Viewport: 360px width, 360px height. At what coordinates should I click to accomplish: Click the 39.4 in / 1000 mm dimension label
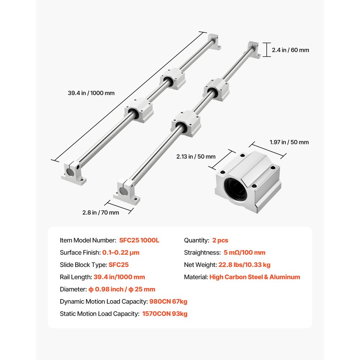(91, 93)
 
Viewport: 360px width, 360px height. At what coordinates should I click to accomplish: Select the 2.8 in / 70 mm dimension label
(100, 212)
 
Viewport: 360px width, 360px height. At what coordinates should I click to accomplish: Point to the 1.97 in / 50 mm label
(289, 142)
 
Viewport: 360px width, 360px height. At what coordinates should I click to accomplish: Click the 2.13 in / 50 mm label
(196, 156)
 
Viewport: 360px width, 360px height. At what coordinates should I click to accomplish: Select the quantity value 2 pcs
(220, 240)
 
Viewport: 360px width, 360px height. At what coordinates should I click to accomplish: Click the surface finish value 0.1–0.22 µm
(121, 252)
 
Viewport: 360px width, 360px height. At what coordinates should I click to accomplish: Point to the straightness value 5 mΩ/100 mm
(244, 252)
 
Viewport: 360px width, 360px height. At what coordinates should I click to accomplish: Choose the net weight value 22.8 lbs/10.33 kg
(244, 265)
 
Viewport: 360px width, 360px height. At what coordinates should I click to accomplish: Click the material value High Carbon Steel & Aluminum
(255, 277)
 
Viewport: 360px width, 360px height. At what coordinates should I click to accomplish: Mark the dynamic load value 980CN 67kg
(168, 301)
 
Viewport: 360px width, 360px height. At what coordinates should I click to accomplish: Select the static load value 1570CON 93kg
(165, 314)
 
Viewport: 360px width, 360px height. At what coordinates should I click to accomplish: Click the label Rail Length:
(76, 277)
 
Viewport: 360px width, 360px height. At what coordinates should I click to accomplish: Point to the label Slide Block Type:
(84, 265)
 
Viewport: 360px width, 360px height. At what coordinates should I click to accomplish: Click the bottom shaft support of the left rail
(74, 173)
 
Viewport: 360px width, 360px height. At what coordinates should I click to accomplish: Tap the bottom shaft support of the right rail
(127, 193)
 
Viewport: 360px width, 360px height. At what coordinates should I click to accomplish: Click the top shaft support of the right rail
(253, 51)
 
